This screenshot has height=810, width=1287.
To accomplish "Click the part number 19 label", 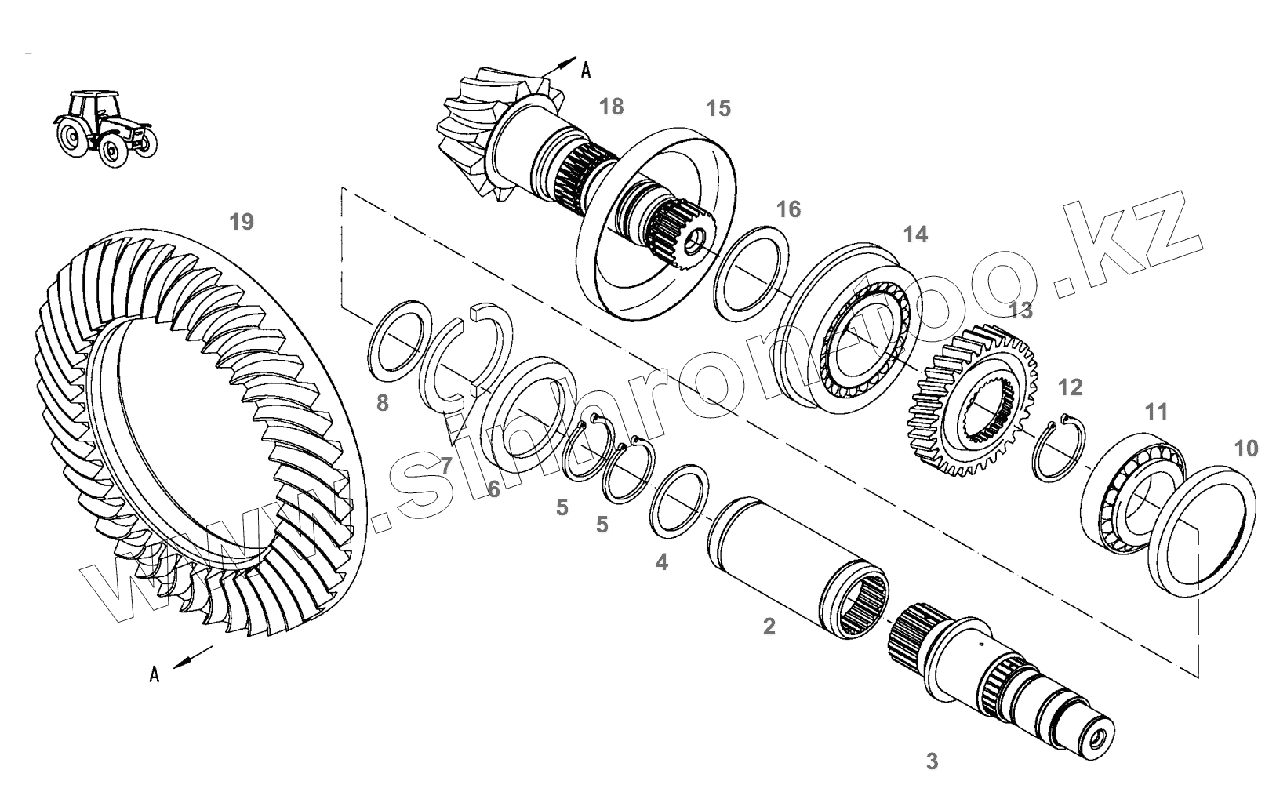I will (242, 222).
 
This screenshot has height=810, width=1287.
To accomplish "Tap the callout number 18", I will (611, 107).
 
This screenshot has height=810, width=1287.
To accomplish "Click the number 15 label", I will (718, 108).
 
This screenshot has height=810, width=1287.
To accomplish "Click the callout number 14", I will (915, 234).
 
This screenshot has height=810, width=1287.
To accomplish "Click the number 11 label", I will (1156, 412).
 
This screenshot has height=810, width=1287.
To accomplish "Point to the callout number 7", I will (445, 466).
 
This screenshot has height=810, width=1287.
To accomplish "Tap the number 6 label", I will (493, 489).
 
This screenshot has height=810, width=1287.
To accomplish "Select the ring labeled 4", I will (679, 501).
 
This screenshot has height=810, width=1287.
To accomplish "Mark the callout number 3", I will (932, 761).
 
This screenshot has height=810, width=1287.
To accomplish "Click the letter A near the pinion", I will (585, 71).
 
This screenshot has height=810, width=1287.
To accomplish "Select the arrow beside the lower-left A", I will (193, 658).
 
